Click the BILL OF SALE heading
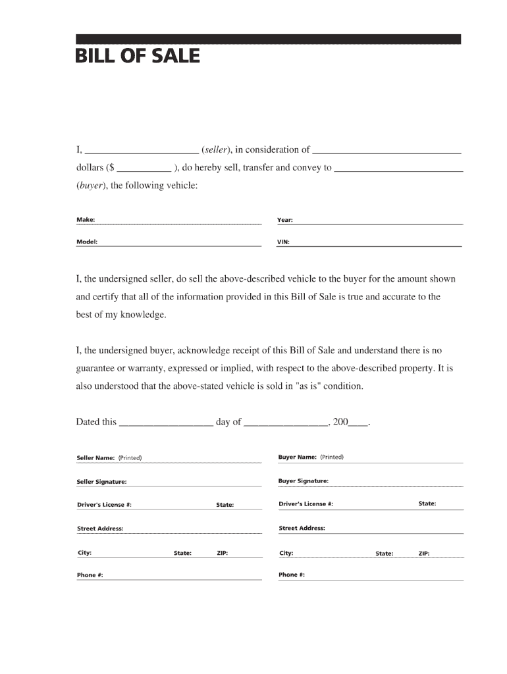138,56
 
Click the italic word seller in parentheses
215,149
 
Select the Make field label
86,219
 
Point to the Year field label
285,220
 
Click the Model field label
87,242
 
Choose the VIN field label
283,242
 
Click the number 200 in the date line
340,422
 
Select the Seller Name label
96,457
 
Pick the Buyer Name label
298,457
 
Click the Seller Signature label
101,482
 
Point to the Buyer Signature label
303,481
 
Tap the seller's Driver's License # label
104,505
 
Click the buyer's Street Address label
302,528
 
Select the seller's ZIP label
223,553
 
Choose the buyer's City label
286,553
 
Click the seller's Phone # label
90,575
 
